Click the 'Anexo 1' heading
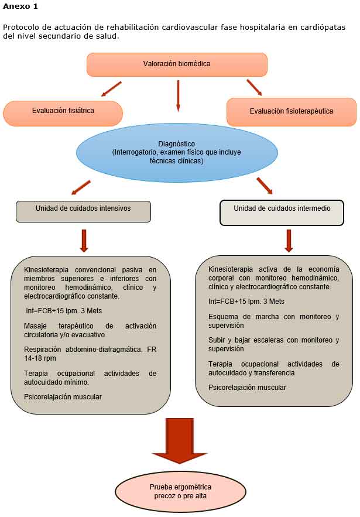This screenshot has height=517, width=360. [x=21, y=6]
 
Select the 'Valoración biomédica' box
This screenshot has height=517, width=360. [x=177, y=64]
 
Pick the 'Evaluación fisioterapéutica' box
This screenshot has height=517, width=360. [x=291, y=112]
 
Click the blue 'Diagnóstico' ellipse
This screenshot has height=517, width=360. [x=176, y=152]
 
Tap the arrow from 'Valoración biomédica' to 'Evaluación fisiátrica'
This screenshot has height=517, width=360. [x=111, y=89]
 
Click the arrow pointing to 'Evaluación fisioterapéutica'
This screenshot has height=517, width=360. [x=254, y=87]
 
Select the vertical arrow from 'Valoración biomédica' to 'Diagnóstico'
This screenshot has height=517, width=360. [x=178, y=95]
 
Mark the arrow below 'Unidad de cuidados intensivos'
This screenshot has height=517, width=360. [x=84, y=240]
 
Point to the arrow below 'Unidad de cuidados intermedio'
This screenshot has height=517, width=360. [x=289, y=240]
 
